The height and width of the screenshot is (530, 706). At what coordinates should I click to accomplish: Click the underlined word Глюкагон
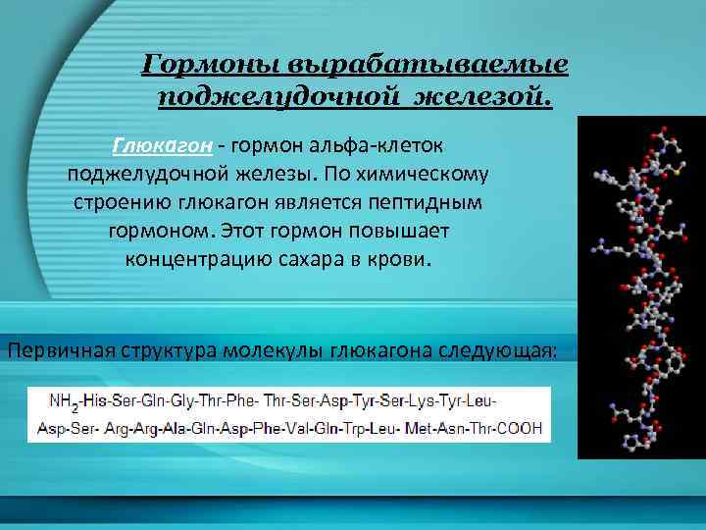[x=163, y=146]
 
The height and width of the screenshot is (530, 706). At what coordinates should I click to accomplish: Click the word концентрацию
[x=201, y=262]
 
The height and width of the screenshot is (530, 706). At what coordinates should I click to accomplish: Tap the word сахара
[x=323, y=262]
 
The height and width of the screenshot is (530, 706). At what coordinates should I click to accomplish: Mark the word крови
[x=403, y=262]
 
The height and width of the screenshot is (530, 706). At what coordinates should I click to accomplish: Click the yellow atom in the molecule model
[x=676, y=172]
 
